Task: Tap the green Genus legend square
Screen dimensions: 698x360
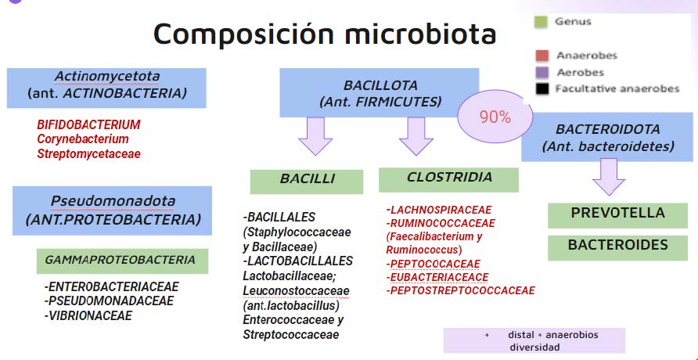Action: (x=541, y=22)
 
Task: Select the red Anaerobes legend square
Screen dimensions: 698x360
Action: (x=541, y=56)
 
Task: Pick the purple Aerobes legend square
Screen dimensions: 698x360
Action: (x=541, y=73)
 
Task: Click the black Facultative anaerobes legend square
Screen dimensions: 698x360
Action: (x=542, y=89)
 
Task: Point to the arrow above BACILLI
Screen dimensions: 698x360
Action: (x=315, y=135)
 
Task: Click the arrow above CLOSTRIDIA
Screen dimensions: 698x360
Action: (x=416, y=135)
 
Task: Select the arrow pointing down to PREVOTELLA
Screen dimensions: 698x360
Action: (x=609, y=177)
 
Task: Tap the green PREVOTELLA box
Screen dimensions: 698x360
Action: (x=617, y=215)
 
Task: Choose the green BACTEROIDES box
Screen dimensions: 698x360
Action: (x=617, y=247)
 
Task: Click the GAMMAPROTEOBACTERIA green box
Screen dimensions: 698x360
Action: (x=122, y=261)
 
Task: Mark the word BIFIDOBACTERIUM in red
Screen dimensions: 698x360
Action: (x=88, y=124)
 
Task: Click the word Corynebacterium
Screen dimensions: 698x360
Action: (x=83, y=139)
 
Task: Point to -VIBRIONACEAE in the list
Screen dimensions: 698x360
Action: (x=88, y=315)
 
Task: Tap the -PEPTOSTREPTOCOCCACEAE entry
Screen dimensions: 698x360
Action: (x=460, y=290)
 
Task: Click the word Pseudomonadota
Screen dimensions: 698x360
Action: (x=113, y=202)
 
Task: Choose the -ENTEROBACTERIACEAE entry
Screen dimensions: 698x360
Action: (x=111, y=286)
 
